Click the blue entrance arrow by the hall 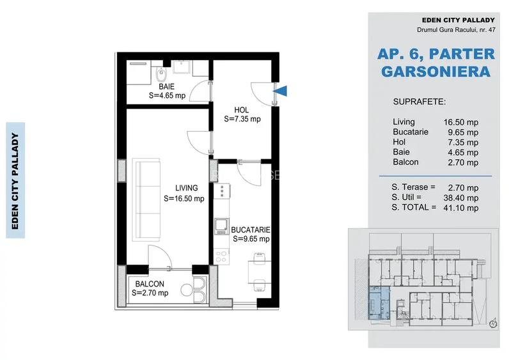pos(281,91)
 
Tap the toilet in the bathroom pos(161,74)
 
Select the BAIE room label pos(166,87)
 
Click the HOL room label pos(241,111)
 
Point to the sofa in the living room pos(146,200)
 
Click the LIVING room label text pos(186,188)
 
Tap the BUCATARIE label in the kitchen pos(250,230)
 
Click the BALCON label pos(150,284)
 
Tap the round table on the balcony pos(187,290)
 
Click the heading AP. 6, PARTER pos(436,54)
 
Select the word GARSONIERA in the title pos(436,72)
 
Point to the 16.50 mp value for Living pos(461,122)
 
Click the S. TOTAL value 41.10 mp pos(461,208)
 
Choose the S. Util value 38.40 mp pos(461,198)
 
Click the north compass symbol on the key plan pos(494,323)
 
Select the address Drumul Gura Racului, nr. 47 pos(456,29)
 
